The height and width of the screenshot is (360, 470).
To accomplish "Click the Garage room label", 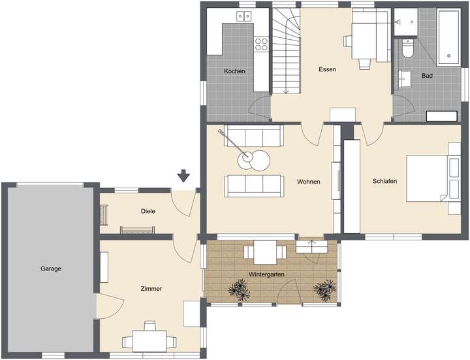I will pos(50,269).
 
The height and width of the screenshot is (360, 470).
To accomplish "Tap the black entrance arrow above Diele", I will pos(183,175).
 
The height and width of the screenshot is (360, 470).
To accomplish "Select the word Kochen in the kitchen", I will pos(234,71).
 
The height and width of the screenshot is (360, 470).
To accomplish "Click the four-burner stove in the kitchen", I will pos(261,44).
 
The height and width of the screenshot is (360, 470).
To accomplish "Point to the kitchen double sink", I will pos(245,16).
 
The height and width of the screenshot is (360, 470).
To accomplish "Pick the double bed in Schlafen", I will pos(431,177).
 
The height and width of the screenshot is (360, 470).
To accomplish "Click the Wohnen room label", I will pos(308,182).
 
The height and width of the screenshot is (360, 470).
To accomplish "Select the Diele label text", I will pos(148,211).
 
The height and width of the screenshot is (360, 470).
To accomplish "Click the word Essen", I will pos(327,69).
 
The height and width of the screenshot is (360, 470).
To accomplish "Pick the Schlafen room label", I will pos(385,181).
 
